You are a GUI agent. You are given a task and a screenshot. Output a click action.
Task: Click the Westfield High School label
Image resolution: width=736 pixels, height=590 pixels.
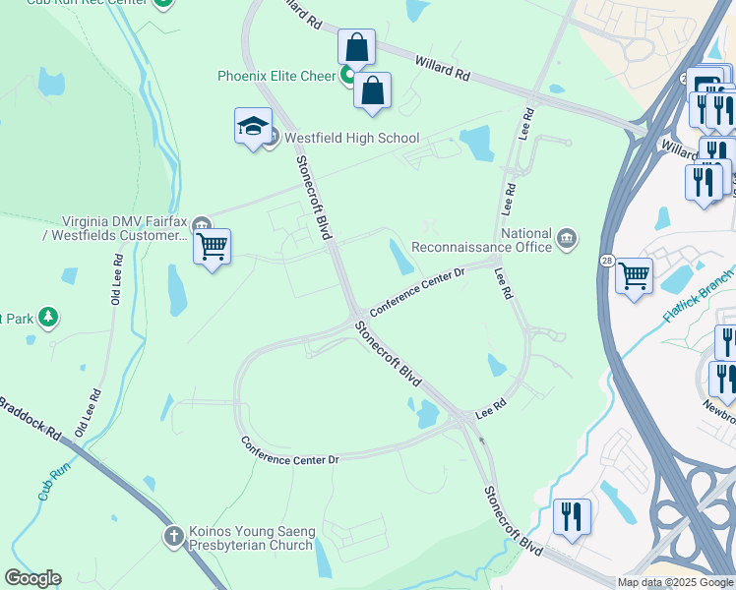click(x=351, y=139)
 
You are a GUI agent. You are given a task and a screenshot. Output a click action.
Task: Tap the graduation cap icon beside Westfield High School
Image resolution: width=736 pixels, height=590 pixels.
click(x=253, y=127)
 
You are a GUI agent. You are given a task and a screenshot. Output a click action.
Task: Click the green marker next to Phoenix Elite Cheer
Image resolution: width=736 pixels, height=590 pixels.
click(x=348, y=76)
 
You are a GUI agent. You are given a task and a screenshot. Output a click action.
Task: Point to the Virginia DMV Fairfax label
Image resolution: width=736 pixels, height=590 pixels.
click(x=125, y=228)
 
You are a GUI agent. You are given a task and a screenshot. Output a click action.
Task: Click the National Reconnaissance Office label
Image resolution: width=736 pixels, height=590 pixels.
click(x=482, y=240)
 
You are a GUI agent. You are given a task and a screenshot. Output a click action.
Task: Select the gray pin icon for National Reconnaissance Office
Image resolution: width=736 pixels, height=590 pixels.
click(x=567, y=237)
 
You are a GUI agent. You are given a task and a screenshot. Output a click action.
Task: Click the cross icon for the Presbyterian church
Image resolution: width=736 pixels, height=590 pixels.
click(x=173, y=536)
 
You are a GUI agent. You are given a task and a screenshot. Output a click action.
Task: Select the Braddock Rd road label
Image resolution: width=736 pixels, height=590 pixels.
click(x=30, y=418)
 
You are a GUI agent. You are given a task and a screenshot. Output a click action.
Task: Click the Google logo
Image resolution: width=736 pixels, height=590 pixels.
click(x=32, y=578)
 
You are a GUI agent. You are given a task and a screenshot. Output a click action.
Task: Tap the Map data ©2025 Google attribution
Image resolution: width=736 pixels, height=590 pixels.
click(x=675, y=582)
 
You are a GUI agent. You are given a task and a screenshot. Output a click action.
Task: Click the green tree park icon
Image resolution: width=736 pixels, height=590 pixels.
click(x=47, y=317)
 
